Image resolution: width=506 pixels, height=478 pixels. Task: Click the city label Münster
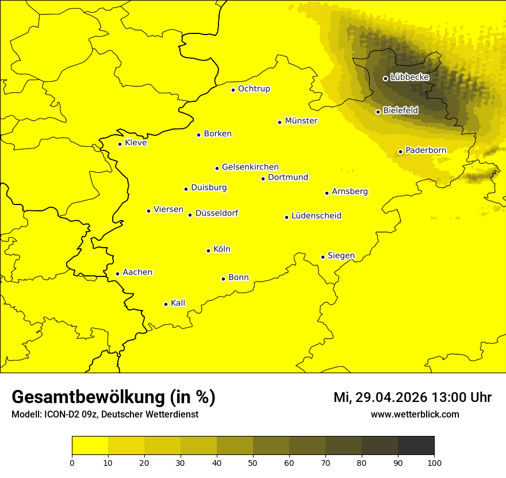pyautogui.click(x=301, y=121)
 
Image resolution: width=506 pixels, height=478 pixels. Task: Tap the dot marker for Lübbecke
pyautogui.click(x=385, y=78)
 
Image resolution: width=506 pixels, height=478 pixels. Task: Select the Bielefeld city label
pyautogui.click(x=400, y=110)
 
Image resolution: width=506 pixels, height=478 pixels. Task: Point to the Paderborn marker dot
pyautogui.click(x=401, y=151)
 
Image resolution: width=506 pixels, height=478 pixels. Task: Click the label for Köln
pyautogui.click(x=221, y=249)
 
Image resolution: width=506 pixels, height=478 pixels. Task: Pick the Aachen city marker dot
pyautogui.click(x=117, y=274)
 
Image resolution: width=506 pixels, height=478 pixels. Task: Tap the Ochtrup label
pyautogui.click(x=254, y=89)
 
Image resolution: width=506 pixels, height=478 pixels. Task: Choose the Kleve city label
pyautogui.click(x=136, y=143)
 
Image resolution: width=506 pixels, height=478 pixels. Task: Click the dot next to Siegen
pyautogui.click(x=323, y=257)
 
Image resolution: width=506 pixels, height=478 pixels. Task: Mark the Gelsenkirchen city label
pyautogui.click(x=250, y=167)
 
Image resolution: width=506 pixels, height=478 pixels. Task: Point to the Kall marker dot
pyautogui.click(x=166, y=304)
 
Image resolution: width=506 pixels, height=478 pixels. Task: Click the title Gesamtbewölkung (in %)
pyautogui.click(x=113, y=397)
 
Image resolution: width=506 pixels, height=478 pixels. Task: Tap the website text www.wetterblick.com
pyautogui.click(x=415, y=414)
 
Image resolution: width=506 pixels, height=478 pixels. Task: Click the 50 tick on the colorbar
pyautogui.click(x=253, y=462)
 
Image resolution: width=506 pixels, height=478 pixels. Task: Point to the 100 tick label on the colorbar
pyautogui.click(x=434, y=462)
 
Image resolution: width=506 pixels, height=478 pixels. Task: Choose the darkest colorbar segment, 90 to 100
pyautogui.click(x=416, y=446)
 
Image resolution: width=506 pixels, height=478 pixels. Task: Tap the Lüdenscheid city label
pyautogui.click(x=316, y=216)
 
